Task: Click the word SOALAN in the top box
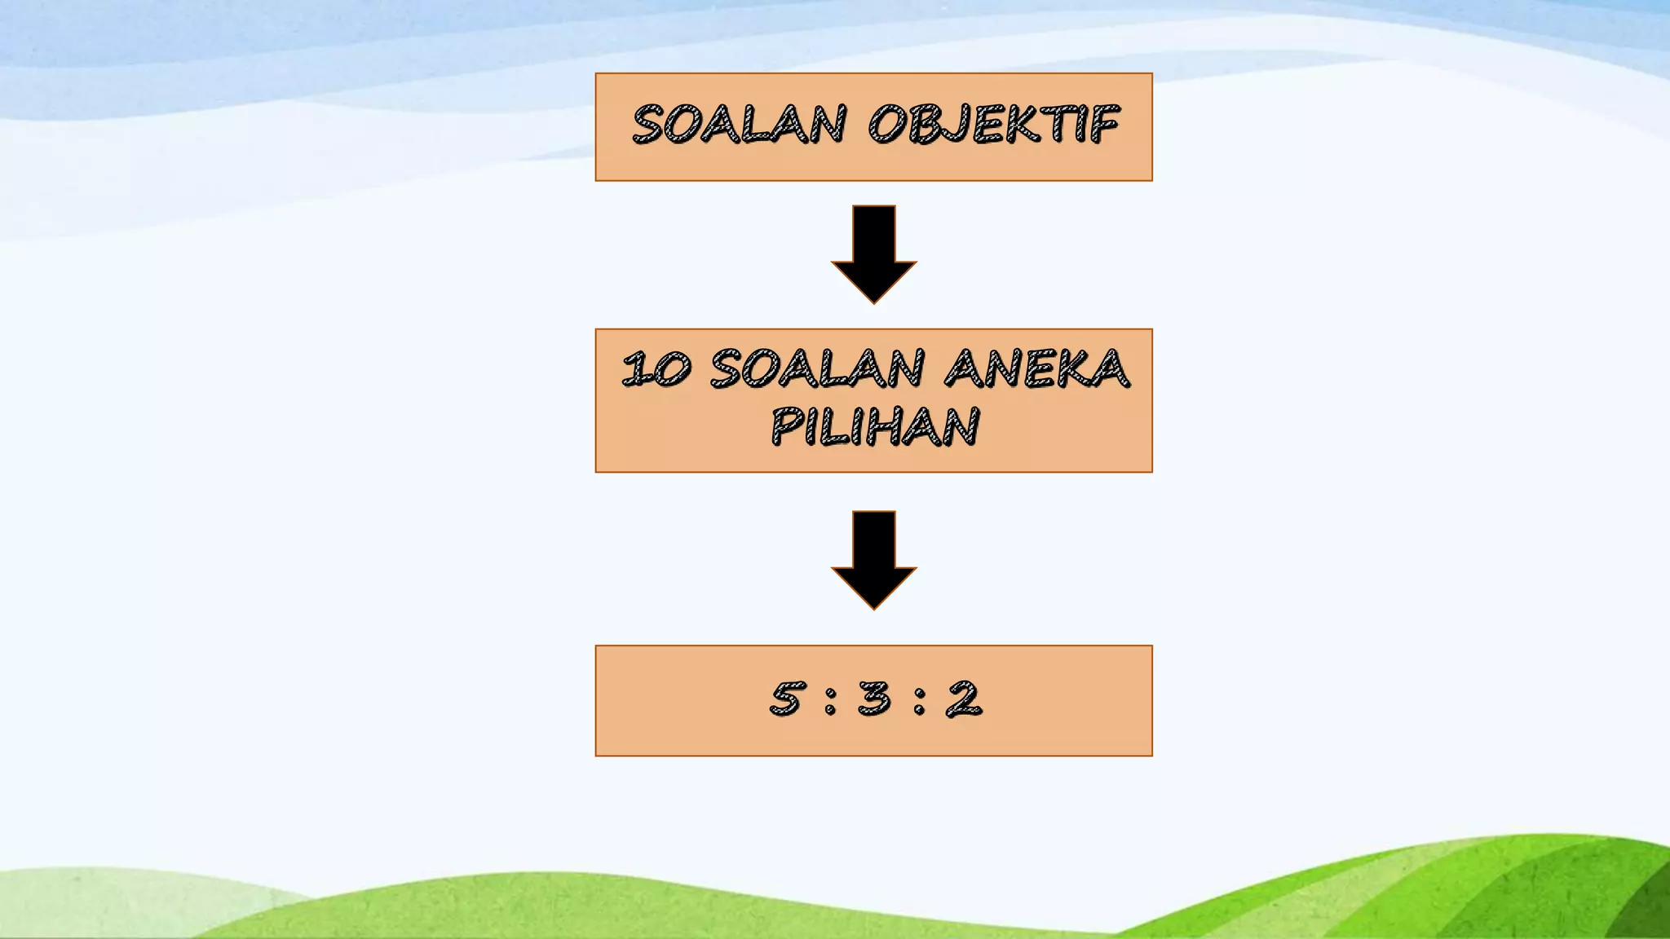[x=739, y=126]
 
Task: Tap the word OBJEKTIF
[x=993, y=126]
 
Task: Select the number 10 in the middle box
[x=656, y=369]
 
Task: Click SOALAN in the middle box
[x=817, y=369]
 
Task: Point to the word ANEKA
[x=1036, y=369]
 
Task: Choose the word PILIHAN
[x=874, y=426]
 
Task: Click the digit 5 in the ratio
[x=787, y=699]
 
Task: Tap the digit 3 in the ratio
[x=875, y=699]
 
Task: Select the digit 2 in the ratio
[x=964, y=699]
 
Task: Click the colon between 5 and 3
[x=830, y=701]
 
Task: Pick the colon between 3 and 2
[x=919, y=701]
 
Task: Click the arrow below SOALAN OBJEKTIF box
[x=873, y=254]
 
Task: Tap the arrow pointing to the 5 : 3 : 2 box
[x=873, y=560]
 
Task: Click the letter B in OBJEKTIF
[x=926, y=126]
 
